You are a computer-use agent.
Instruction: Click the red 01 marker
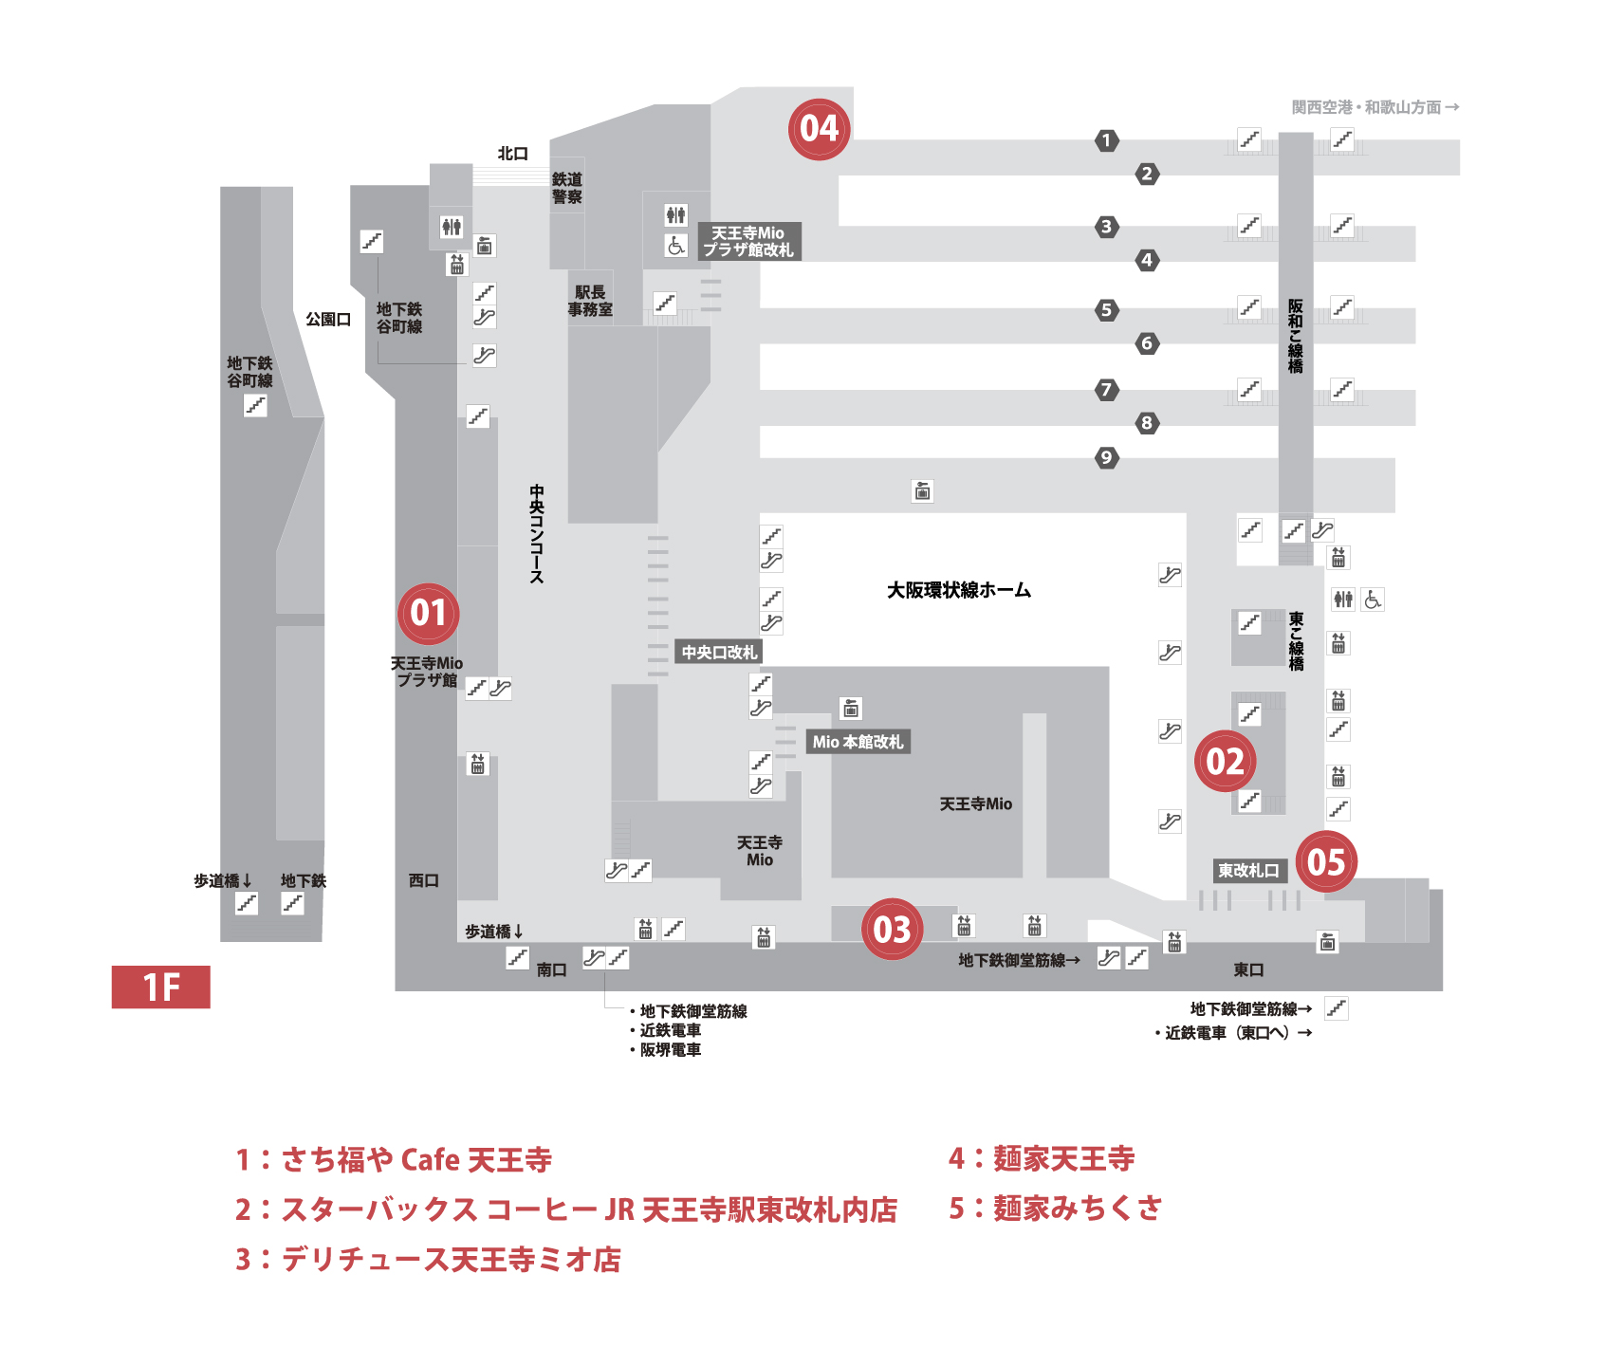coord(428,613)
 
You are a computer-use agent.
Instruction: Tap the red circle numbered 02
coord(1225,761)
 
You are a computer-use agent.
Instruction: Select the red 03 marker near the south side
coord(892,930)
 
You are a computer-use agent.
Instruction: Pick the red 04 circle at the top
coord(819,129)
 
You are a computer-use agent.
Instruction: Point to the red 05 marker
coord(1326,861)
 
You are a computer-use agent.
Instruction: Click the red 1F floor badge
coord(161,987)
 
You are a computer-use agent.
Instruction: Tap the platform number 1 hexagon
coord(1106,140)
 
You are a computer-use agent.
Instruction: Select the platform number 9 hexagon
coord(1106,458)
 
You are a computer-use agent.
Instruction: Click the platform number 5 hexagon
coord(1106,309)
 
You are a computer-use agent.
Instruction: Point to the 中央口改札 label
coord(719,652)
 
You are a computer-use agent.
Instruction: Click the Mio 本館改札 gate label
coord(858,742)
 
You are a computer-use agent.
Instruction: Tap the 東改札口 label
coord(1248,870)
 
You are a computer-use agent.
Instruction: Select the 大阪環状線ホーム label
coord(958,590)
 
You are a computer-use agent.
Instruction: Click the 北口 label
coord(513,153)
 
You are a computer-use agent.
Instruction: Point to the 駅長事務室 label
coord(590,301)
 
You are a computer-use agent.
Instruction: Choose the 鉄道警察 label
coord(567,188)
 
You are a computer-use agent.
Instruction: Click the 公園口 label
coord(328,319)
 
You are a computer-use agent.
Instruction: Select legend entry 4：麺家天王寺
coord(1042,1158)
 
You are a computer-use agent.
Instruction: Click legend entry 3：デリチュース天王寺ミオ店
coord(428,1259)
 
